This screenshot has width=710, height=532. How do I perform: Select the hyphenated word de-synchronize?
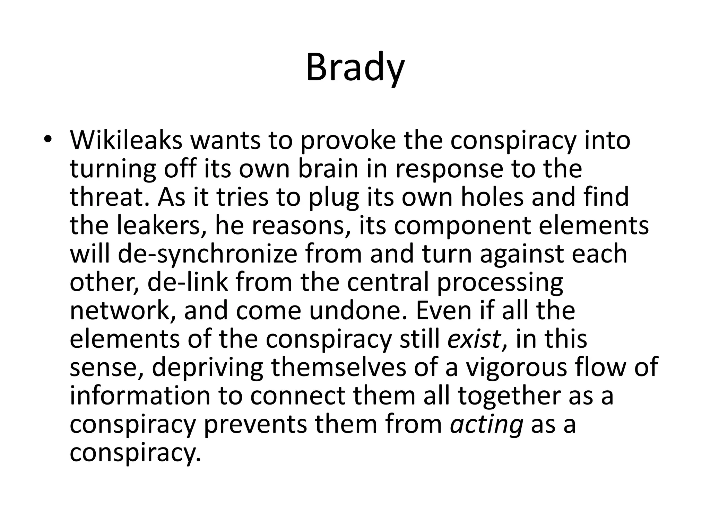(207, 254)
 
